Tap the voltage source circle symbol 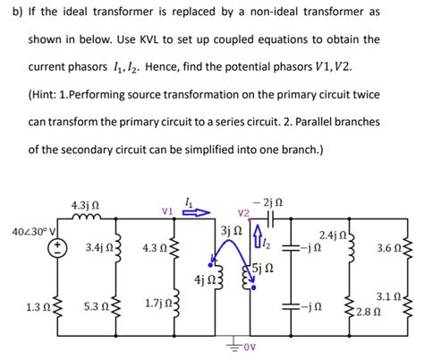tap(56, 248)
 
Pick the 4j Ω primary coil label tap(205, 280)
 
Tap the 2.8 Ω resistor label tap(367, 312)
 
